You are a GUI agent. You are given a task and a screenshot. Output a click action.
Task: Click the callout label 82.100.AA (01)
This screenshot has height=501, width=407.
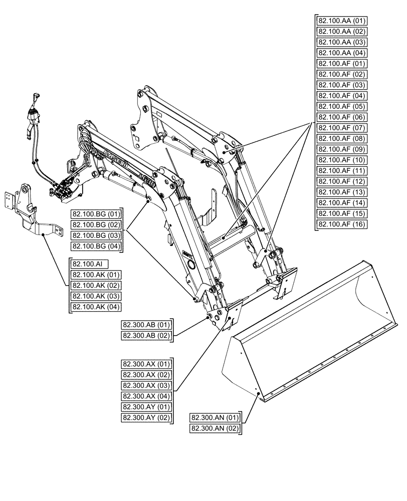(x=342, y=21)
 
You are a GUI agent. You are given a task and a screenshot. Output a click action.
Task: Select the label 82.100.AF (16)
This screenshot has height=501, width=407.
(x=342, y=224)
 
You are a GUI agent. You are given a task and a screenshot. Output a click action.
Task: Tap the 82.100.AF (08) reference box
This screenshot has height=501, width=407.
(x=342, y=138)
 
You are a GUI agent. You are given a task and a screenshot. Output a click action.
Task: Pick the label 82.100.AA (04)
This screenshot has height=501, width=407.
(x=342, y=53)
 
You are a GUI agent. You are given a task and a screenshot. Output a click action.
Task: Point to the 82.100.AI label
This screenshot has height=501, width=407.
(x=90, y=264)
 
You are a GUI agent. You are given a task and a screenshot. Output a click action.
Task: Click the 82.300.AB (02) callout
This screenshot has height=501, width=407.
(x=146, y=336)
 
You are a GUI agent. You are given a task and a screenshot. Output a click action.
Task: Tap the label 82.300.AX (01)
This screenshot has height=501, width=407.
(x=146, y=364)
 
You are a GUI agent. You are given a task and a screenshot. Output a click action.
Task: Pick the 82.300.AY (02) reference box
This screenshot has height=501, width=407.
(x=146, y=418)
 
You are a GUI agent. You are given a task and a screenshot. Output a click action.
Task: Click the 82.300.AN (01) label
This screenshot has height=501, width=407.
(x=215, y=417)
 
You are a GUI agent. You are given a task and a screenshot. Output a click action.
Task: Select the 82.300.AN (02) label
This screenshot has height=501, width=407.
(x=215, y=428)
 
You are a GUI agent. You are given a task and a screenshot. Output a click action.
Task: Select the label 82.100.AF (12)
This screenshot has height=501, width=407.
(x=342, y=181)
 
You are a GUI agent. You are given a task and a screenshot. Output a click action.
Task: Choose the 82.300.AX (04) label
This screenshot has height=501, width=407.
(x=146, y=396)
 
